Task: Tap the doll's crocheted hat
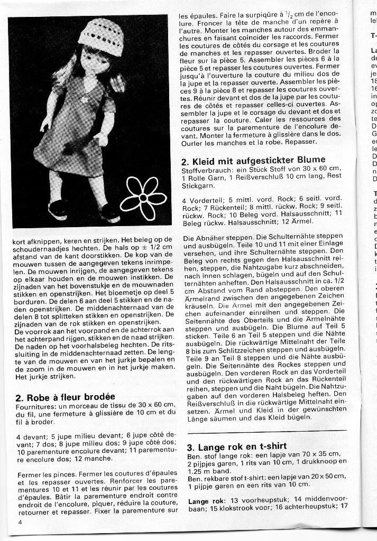101,36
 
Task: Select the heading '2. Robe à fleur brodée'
66,397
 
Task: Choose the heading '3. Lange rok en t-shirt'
237,446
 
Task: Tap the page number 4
20,523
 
